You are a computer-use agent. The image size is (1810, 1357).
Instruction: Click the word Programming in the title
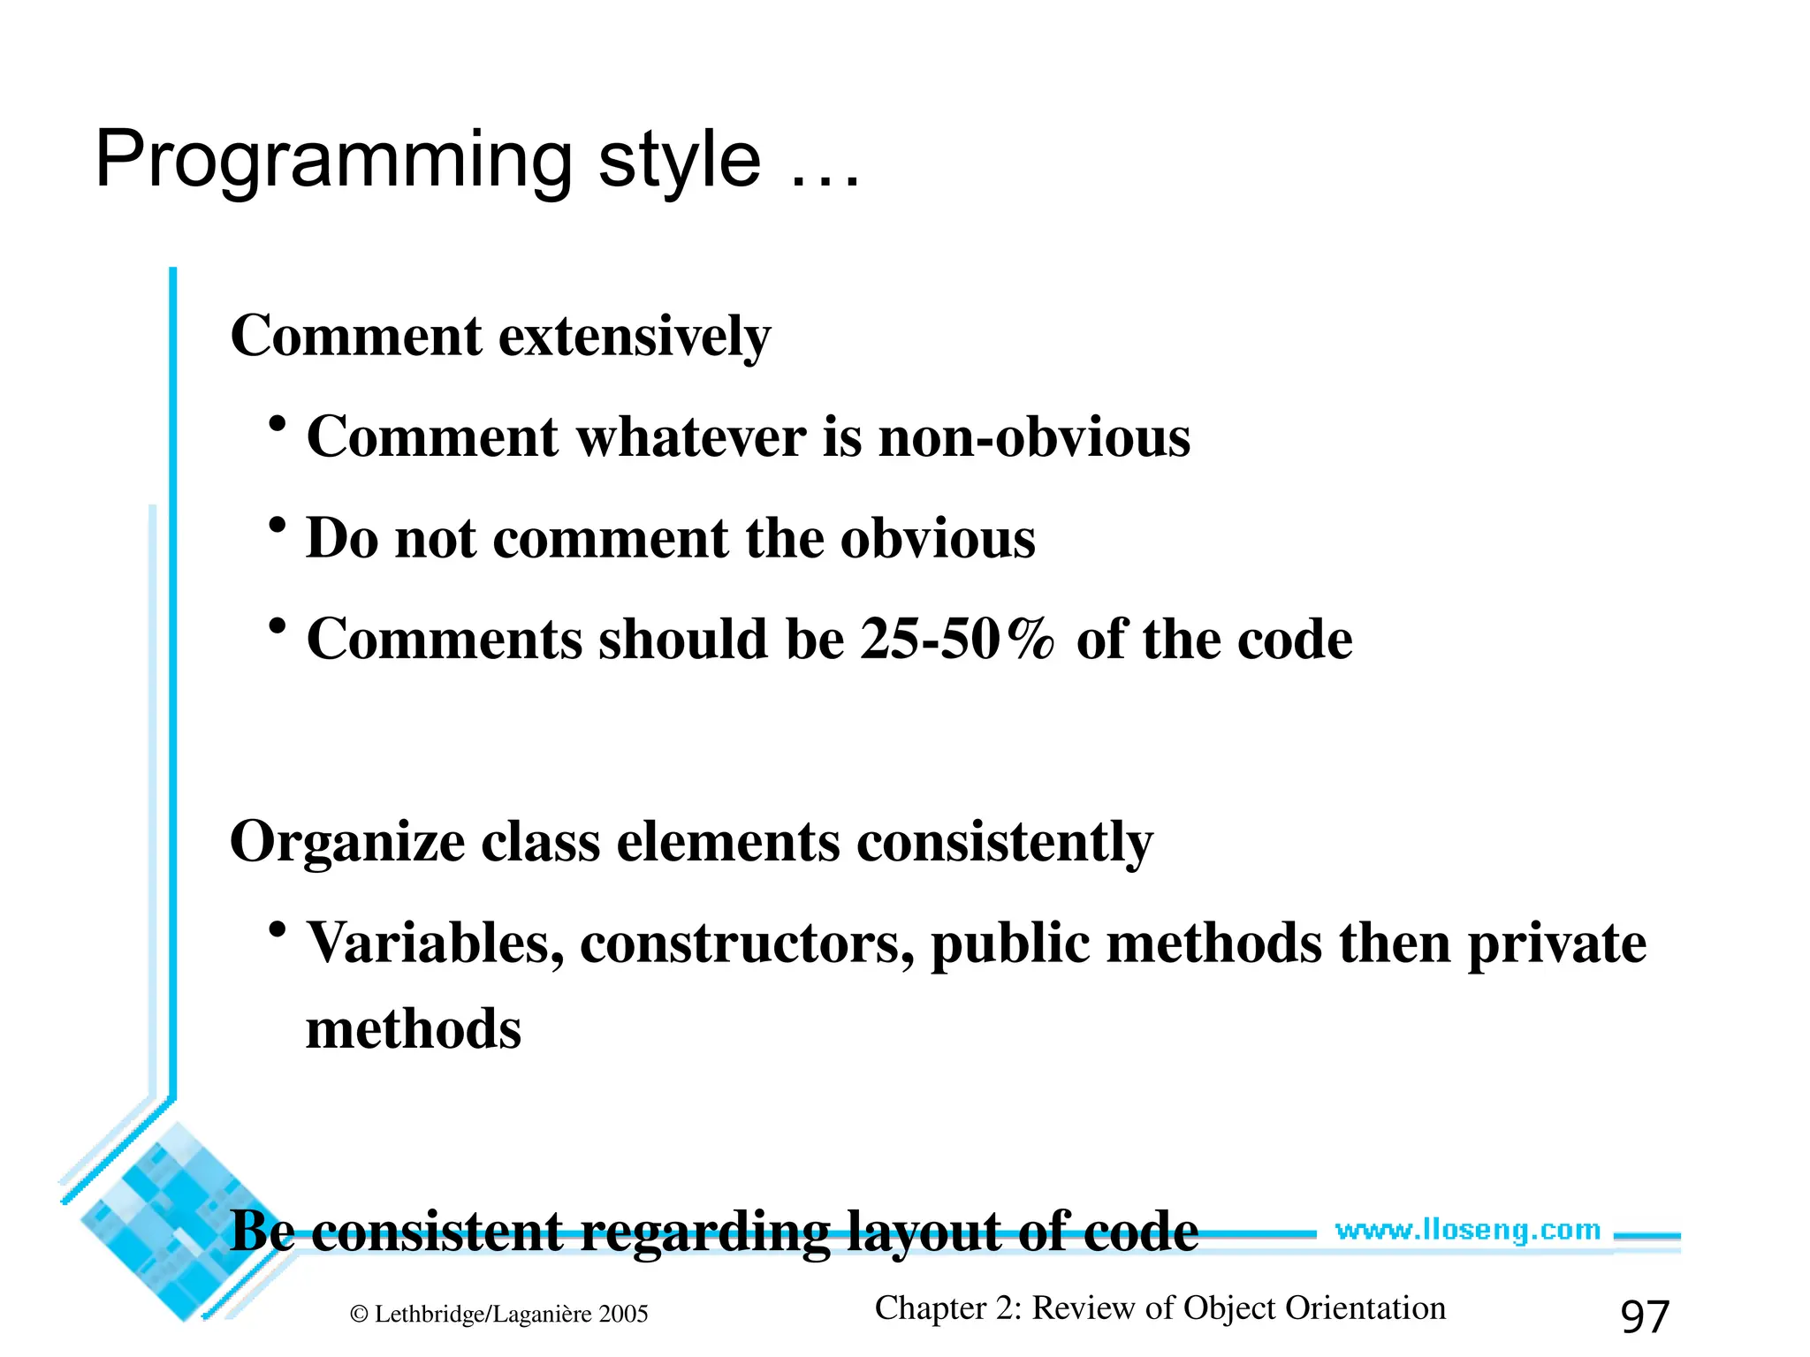[x=334, y=162]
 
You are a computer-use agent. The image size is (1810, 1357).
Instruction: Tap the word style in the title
[x=679, y=162]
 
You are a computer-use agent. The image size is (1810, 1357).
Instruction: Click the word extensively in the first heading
[x=635, y=337]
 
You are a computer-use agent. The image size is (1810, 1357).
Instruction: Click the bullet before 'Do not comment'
[x=278, y=527]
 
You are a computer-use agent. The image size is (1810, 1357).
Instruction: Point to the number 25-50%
[x=958, y=640]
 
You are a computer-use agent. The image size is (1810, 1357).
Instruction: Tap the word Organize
[x=346, y=843]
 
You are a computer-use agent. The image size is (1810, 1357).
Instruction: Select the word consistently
[x=1005, y=843]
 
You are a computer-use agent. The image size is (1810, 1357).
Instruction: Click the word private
[x=1556, y=944]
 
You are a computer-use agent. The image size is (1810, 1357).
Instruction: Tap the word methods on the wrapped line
[x=414, y=1030]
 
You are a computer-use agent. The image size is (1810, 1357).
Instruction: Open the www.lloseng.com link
[x=1467, y=1231]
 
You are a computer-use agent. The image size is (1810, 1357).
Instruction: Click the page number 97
[x=1644, y=1316]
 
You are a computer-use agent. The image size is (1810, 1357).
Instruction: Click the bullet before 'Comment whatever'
[x=278, y=425]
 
